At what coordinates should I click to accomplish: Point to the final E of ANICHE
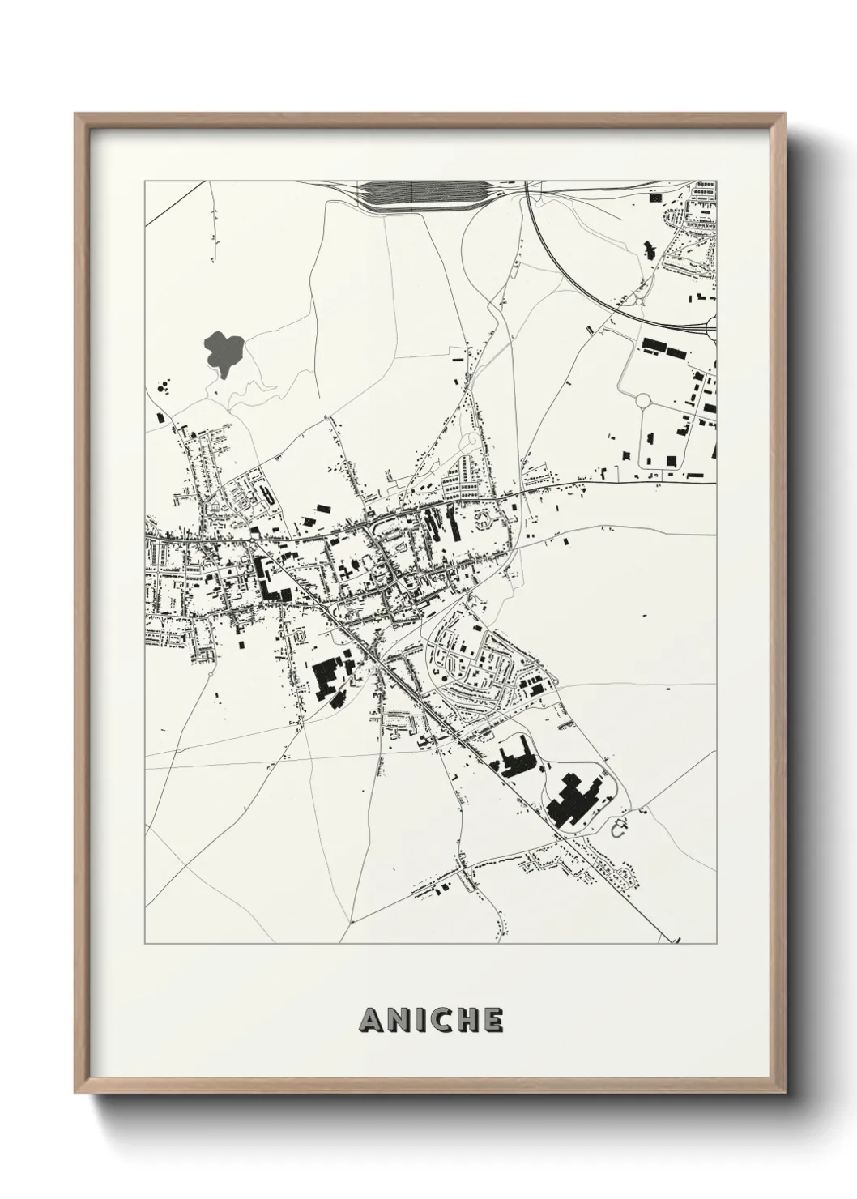click(491, 1020)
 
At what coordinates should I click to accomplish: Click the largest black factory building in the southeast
click(573, 802)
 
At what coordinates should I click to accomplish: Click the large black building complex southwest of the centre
click(326, 677)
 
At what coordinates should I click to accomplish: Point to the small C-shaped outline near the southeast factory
click(620, 829)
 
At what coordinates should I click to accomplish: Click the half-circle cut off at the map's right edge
click(712, 327)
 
